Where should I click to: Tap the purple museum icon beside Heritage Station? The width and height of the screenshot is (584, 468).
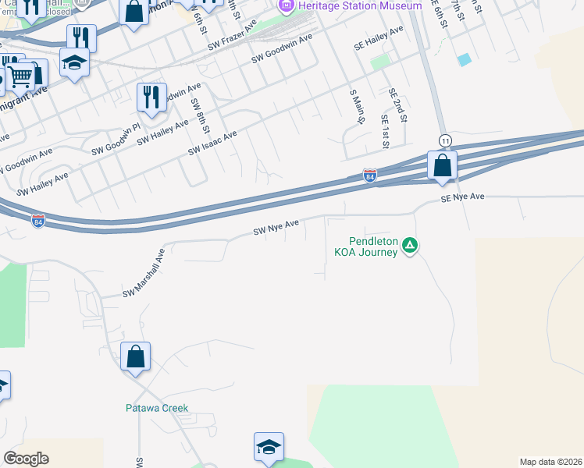[286, 6]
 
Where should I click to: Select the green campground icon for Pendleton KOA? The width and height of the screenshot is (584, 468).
[410, 246]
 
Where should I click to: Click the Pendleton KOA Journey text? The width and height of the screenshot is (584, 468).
[366, 246]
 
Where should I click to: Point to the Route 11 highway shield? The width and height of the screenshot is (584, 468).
[445, 140]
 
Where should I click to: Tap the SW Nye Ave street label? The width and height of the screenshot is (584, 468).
[276, 227]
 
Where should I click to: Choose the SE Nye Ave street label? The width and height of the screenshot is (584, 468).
[463, 198]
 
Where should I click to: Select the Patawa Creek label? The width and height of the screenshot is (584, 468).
[157, 408]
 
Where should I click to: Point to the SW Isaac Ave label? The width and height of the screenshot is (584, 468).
[212, 142]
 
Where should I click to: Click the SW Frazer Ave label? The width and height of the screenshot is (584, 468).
[232, 37]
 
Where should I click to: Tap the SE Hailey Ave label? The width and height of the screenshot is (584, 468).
[379, 38]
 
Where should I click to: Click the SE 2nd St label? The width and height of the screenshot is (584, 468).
[398, 105]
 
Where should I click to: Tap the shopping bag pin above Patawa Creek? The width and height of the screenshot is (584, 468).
[135, 357]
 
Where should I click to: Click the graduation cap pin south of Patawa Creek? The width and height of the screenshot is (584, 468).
[268, 448]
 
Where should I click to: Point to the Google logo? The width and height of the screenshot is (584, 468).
[26, 459]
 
